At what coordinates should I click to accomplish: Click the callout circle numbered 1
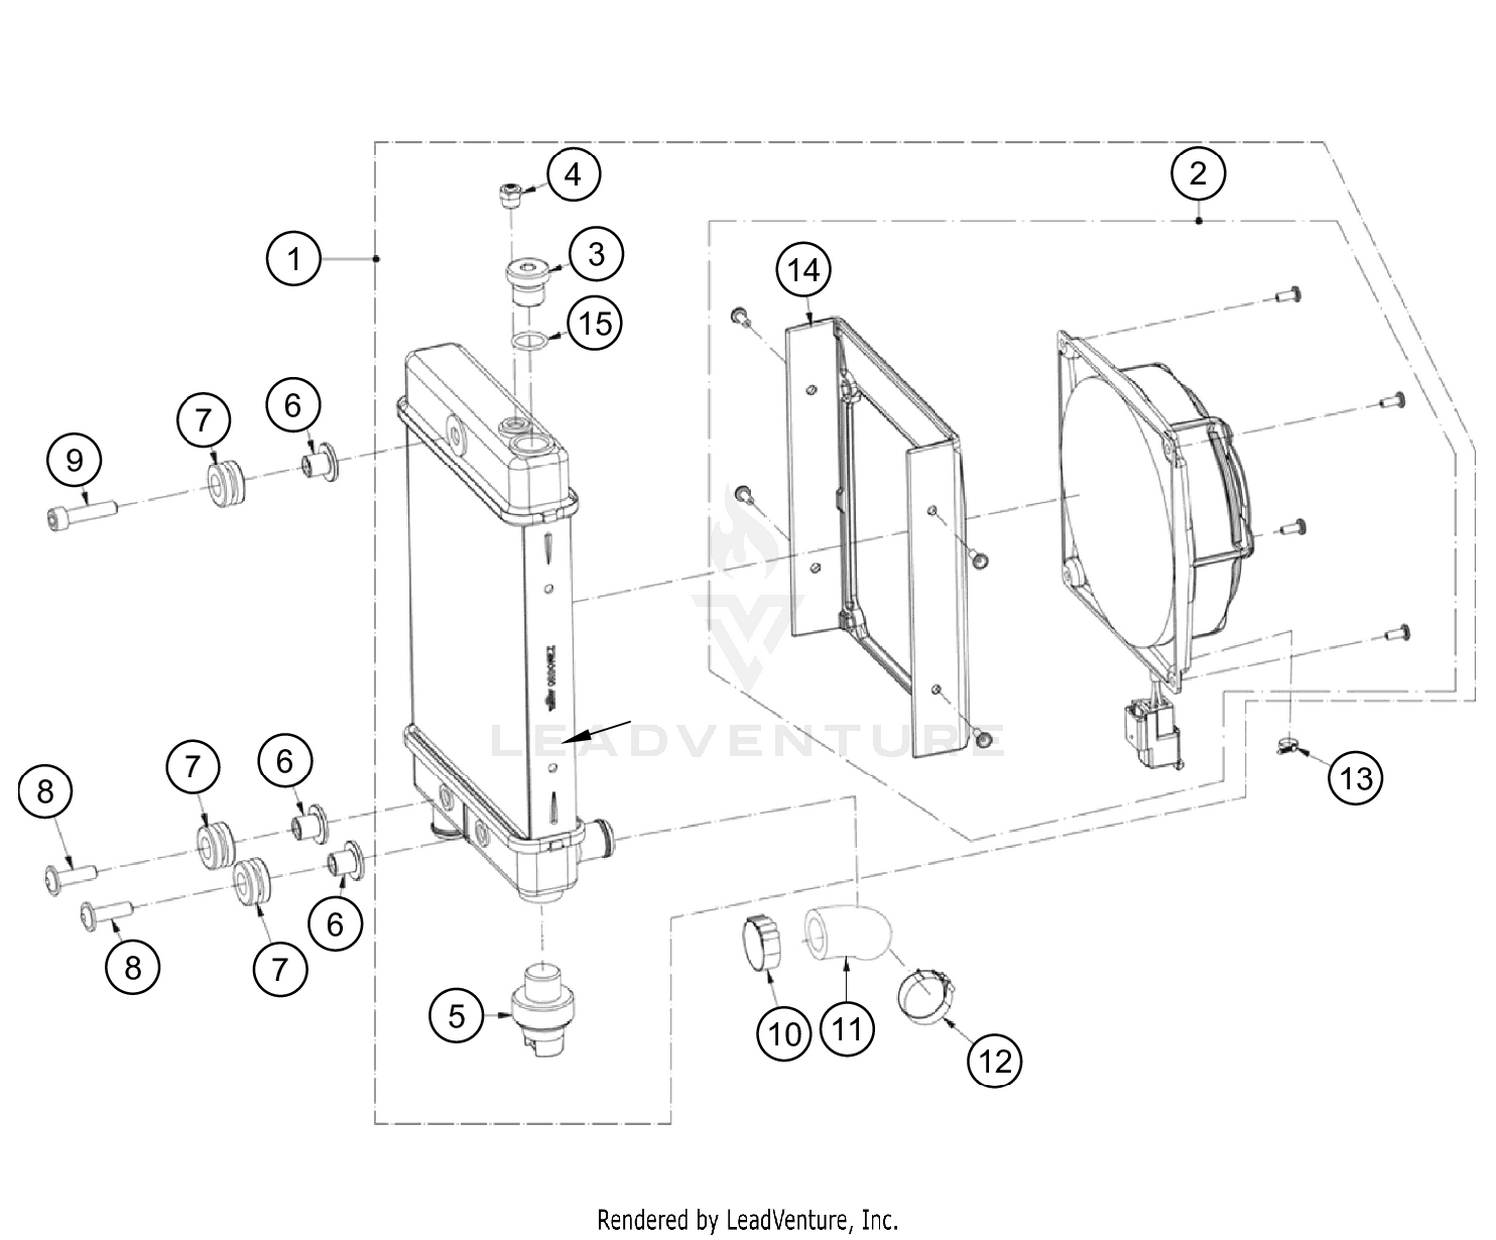pyautogui.click(x=294, y=259)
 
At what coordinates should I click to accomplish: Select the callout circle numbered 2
pyautogui.click(x=1197, y=173)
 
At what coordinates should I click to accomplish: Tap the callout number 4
pyautogui.click(x=572, y=174)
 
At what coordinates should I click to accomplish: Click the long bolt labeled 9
pyautogui.click(x=82, y=514)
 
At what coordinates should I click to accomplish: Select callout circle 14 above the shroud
pyautogui.click(x=804, y=270)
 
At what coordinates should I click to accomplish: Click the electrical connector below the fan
pyautogui.click(x=1149, y=735)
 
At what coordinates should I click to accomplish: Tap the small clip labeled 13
pyautogui.click(x=1288, y=744)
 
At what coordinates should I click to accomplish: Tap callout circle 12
pyautogui.click(x=995, y=1061)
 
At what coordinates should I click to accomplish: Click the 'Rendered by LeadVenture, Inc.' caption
pyautogui.click(x=747, y=1218)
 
